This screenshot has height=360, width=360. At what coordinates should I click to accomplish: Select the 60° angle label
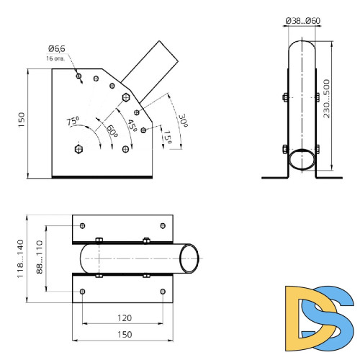[112, 131]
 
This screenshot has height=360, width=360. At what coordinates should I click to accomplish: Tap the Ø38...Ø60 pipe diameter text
[302, 21]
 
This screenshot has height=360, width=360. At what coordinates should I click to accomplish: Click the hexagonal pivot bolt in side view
[78, 149]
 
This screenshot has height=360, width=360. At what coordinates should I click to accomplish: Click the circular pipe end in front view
[302, 159]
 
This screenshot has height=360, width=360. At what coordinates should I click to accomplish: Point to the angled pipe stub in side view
[147, 68]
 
